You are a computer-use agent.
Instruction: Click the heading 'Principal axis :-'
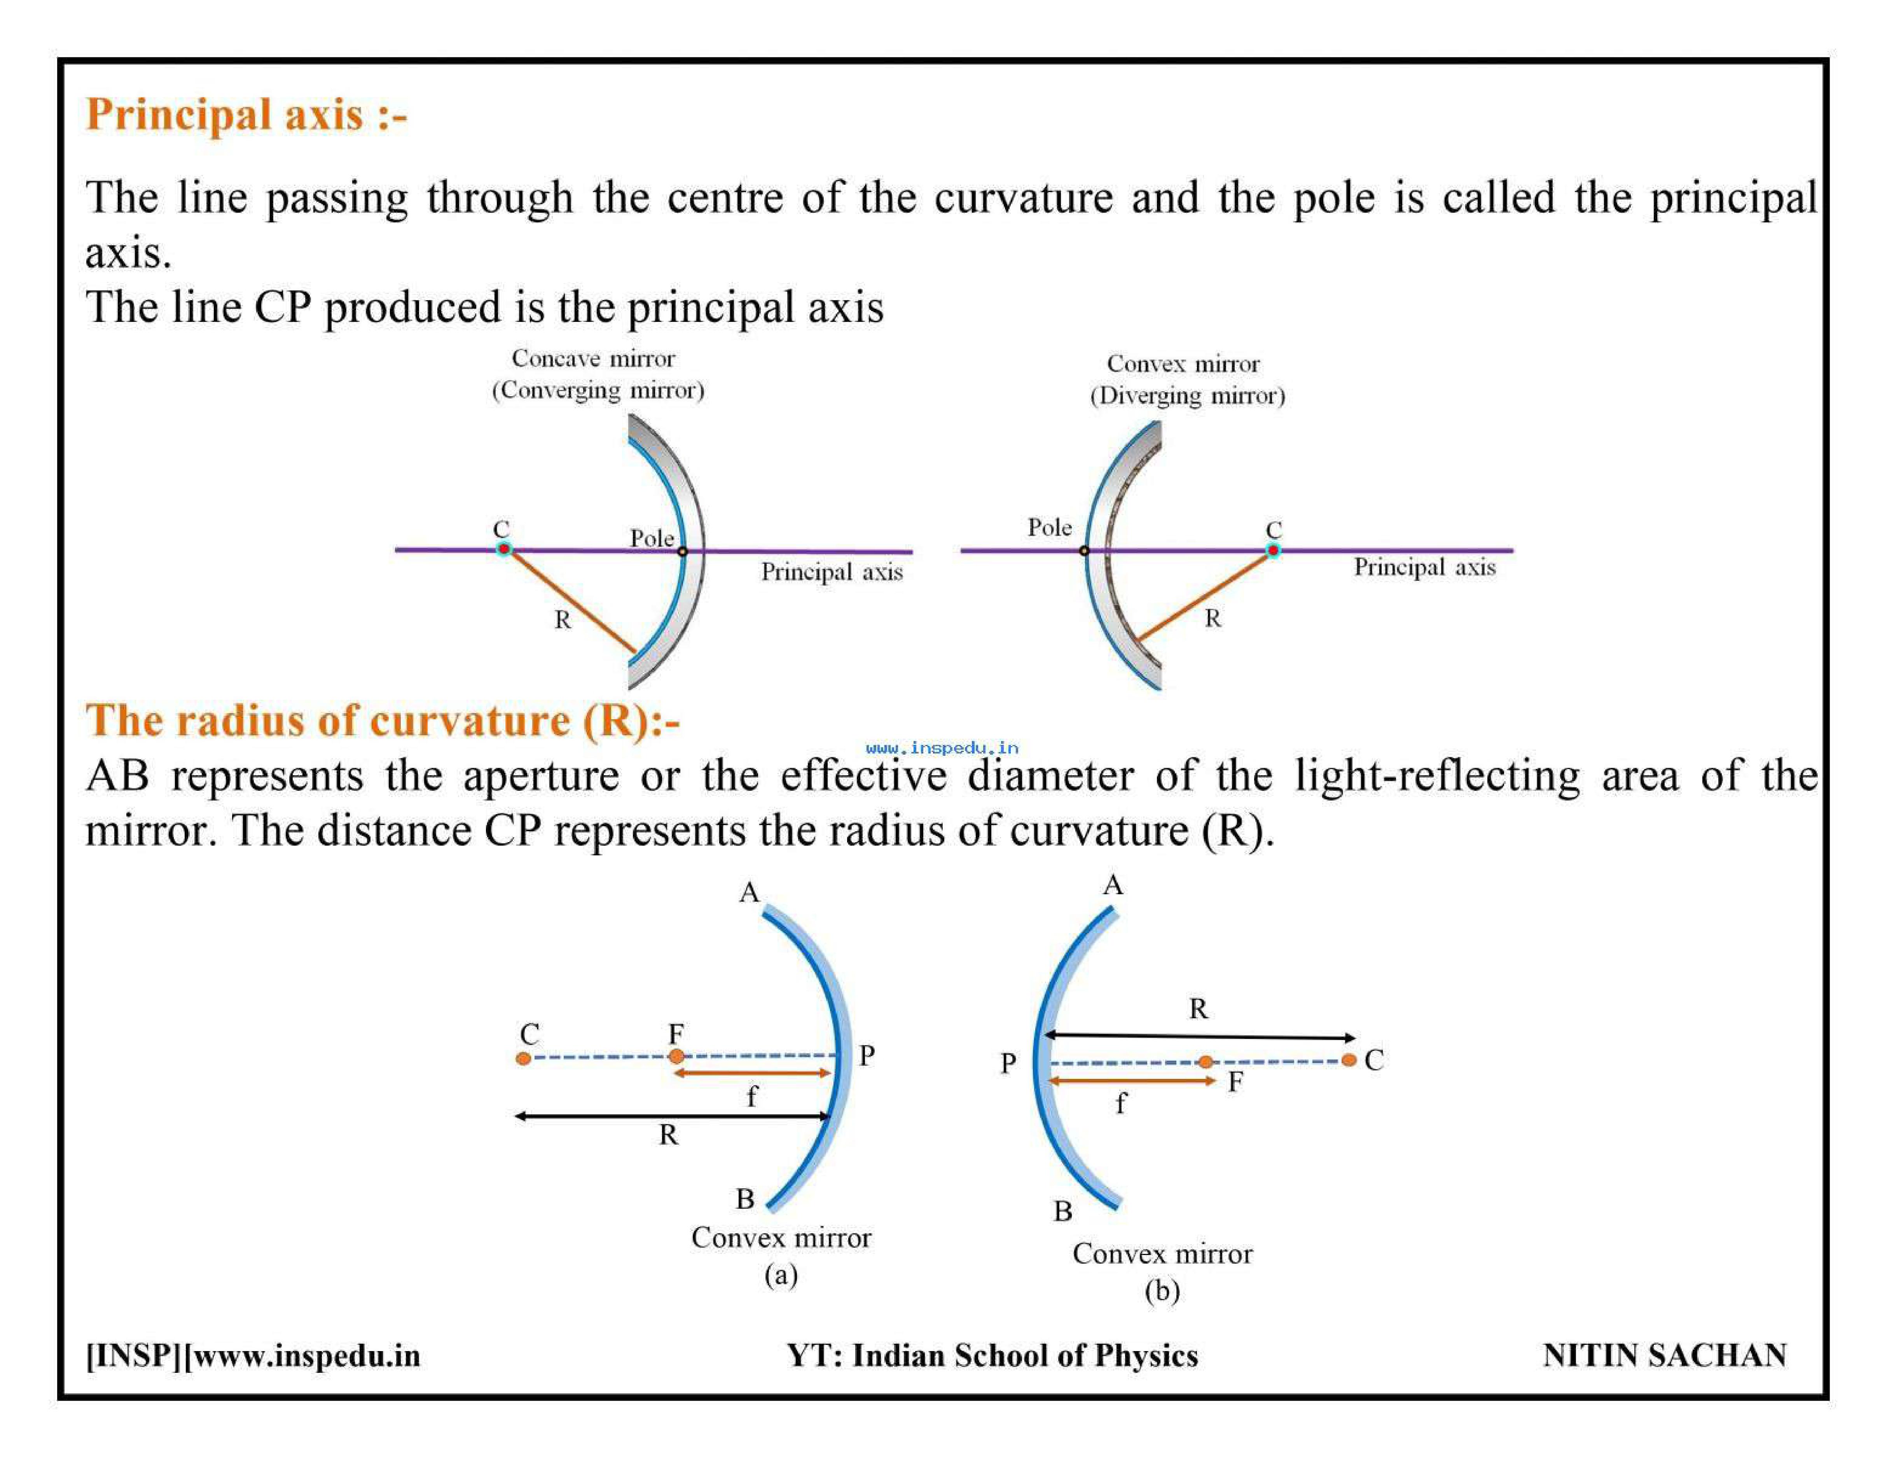(246, 115)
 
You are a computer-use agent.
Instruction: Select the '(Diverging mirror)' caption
(1187, 396)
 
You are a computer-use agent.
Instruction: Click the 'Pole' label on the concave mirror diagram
(652, 538)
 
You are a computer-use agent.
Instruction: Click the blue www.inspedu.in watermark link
(942, 748)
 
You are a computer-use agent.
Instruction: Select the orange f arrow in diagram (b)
(1132, 1080)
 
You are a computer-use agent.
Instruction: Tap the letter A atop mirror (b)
(1113, 885)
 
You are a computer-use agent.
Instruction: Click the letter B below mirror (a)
(745, 1199)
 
